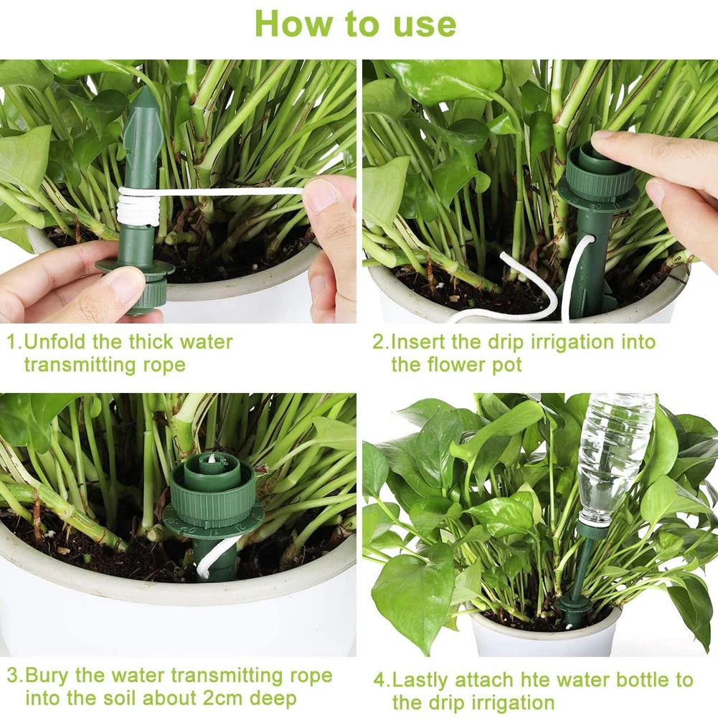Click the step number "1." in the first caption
[x=14, y=341]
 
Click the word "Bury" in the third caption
[x=50, y=676]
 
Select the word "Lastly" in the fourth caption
[x=426, y=679]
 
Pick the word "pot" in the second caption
[x=506, y=364]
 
